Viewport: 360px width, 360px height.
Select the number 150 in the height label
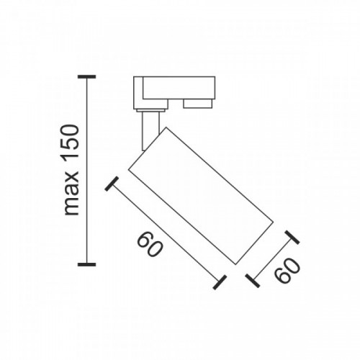71,145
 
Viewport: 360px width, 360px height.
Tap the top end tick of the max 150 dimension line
87,77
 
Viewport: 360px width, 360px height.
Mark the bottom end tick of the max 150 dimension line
87,264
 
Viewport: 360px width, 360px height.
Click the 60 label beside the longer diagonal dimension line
150,244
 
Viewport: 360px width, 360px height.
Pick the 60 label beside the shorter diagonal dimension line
287,271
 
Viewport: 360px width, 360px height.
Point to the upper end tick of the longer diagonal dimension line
112,184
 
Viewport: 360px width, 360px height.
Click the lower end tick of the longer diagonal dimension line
220,282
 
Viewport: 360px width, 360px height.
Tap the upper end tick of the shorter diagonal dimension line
292,238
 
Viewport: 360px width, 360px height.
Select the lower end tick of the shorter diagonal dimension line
253,281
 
